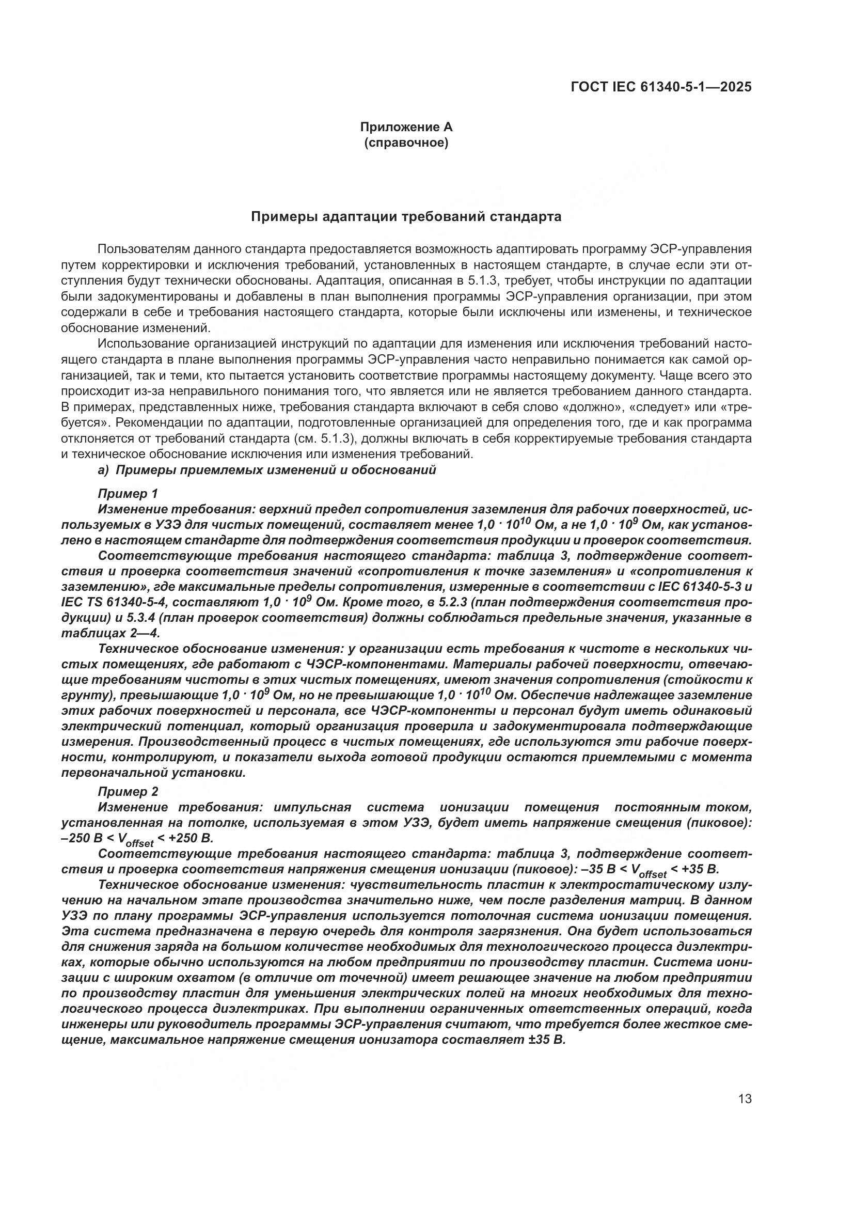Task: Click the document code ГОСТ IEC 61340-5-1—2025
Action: click(x=660, y=87)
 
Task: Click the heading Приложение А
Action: click(x=406, y=127)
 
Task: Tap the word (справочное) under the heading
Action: click(x=406, y=143)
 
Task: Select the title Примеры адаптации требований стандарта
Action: click(x=406, y=217)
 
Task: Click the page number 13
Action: click(x=745, y=1099)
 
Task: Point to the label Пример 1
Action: click(x=128, y=494)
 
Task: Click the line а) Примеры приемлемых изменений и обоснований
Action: click(x=267, y=470)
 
